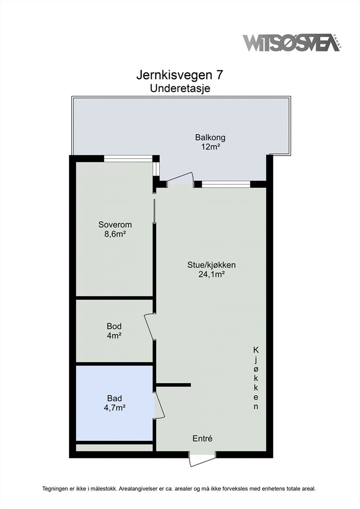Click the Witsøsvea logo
pyautogui.click(x=292, y=43)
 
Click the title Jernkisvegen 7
pyautogui.click(x=180, y=76)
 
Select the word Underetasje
pyautogui.click(x=180, y=88)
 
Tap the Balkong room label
pyautogui.click(x=210, y=137)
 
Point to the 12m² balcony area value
pyautogui.click(x=210, y=147)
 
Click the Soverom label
pyautogui.click(x=115, y=224)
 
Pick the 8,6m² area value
pyautogui.click(x=115, y=234)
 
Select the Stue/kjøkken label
pyautogui.click(x=211, y=265)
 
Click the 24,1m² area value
pyautogui.click(x=212, y=274)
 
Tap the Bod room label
pyautogui.click(x=114, y=326)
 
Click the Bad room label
pyautogui.click(x=114, y=398)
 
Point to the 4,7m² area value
pyautogui.click(x=114, y=408)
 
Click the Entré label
pyautogui.click(x=202, y=438)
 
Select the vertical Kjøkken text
pyautogui.click(x=256, y=378)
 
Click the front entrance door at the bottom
pyautogui.click(x=202, y=458)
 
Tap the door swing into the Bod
pyautogui.click(x=150, y=327)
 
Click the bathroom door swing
pyautogui.click(x=159, y=405)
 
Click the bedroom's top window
pyautogui.click(x=128, y=159)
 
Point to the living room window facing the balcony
pyautogui.click(x=226, y=184)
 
